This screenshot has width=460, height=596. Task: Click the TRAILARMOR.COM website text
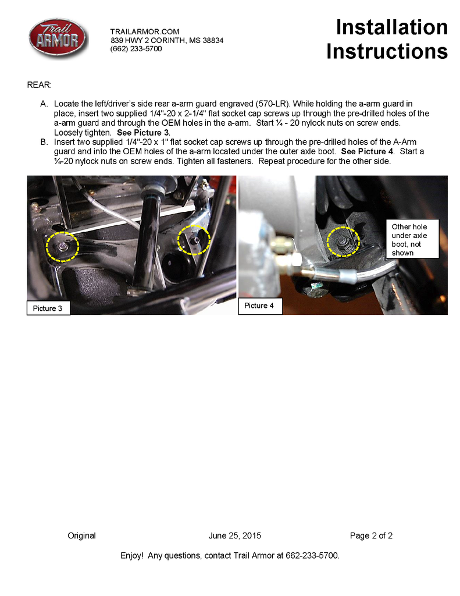point(145,31)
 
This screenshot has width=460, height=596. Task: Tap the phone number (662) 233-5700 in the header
point(136,49)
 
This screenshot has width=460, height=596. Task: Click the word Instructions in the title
point(387,51)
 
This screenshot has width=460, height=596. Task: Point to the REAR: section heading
point(40,85)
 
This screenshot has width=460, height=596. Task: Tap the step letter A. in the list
point(44,104)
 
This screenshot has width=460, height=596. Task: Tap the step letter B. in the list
point(44,142)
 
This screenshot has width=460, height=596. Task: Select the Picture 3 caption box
point(48,308)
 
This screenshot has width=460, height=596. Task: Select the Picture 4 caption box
point(261,306)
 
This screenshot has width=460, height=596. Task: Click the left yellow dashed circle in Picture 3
point(62,247)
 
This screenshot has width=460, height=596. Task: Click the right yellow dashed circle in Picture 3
point(194,240)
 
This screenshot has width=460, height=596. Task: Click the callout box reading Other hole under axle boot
point(412,239)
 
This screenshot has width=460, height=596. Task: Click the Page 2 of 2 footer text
point(371,535)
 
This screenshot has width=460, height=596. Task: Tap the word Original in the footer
point(82,535)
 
